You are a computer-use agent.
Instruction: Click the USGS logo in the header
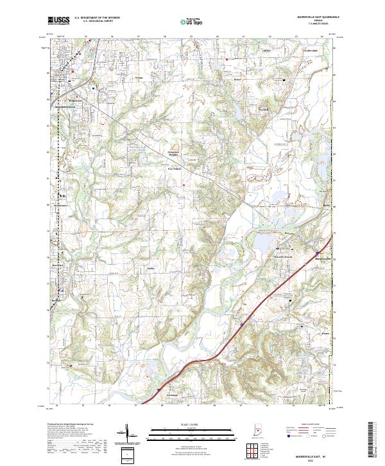click(59, 21)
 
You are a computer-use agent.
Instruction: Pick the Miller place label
click(267, 49)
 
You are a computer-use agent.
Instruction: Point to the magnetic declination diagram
click(128, 437)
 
